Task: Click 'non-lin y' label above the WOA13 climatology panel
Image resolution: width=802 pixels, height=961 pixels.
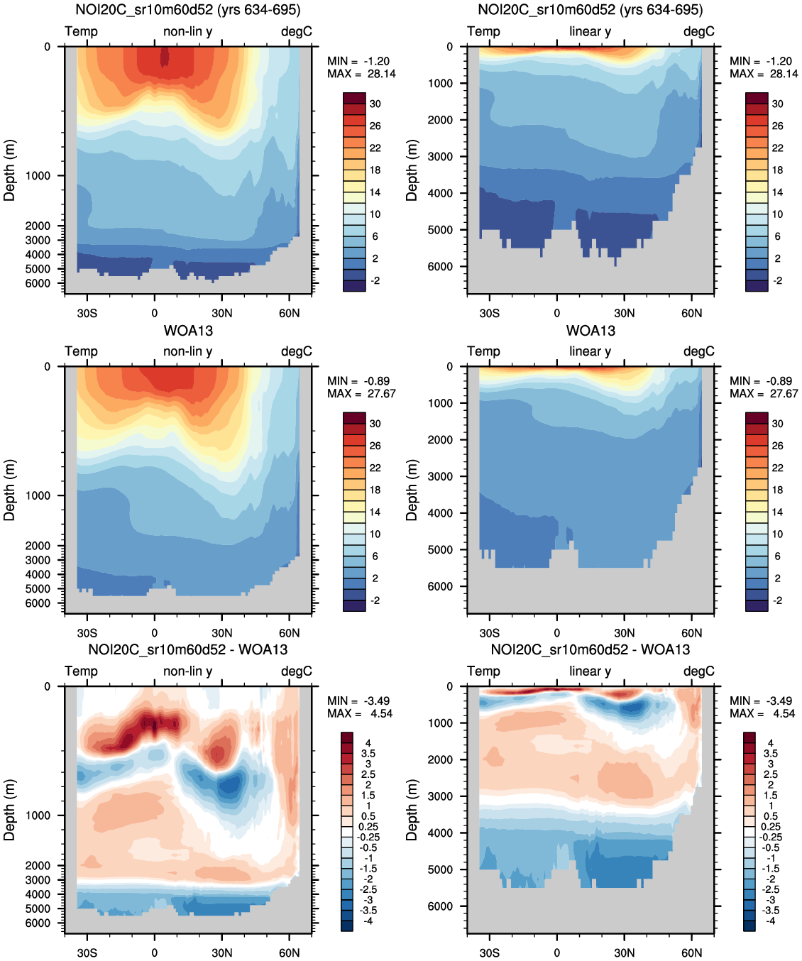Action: tap(187, 351)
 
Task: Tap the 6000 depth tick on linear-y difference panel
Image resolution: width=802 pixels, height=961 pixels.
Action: tap(440, 906)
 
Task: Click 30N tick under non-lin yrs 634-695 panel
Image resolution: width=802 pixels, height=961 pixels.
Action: tap(222, 313)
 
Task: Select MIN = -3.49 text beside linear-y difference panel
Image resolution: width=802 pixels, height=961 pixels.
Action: tap(761, 701)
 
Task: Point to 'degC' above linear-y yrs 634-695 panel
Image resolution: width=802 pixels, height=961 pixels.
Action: tap(699, 31)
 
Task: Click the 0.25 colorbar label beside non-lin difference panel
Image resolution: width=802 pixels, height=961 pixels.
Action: tap(368, 827)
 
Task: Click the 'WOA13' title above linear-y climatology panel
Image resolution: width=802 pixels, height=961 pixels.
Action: tap(590, 331)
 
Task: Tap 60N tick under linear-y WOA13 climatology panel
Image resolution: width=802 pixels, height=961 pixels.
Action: tap(692, 633)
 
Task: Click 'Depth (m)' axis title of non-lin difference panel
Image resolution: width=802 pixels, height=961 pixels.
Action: tap(9, 810)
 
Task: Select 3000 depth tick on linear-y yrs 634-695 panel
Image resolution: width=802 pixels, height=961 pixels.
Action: tap(440, 157)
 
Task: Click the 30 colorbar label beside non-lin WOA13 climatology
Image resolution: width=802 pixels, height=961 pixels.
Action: tap(375, 424)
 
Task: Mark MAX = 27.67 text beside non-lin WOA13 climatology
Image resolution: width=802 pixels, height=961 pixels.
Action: tap(361, 394)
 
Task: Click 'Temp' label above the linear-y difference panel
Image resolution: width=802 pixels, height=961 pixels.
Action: tap(483, 671)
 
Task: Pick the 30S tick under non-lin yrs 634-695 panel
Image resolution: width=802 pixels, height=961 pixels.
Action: tap(87, 313)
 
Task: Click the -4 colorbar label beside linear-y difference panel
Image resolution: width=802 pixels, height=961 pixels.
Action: tap(771, 921)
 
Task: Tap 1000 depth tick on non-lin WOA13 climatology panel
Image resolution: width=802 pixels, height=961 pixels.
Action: tap(38, 495)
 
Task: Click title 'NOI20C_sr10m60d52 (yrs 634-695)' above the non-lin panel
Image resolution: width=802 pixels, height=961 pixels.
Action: tap(188, 10)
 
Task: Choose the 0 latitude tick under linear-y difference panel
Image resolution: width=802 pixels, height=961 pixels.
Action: tap(557, 953)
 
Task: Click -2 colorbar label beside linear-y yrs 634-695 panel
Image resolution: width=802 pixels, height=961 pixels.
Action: tap(778, 281)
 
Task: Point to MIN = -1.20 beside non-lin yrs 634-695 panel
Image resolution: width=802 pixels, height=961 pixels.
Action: tap(358, 61)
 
